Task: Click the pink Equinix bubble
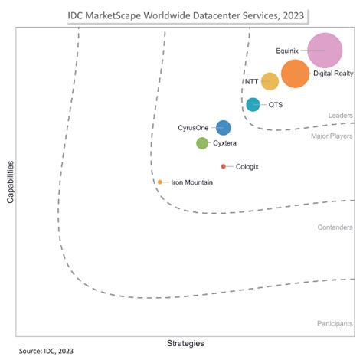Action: click(325, 51)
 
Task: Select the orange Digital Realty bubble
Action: click(296, 74)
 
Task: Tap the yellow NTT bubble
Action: click(270, 81)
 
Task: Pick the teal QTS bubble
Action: click(253, 105)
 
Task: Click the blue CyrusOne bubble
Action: click(223, 128)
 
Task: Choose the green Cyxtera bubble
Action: click(202, 142)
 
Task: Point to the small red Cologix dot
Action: click(223, 166)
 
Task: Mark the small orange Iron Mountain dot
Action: click(160, 182)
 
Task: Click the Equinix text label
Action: click(287, 51)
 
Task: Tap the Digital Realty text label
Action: click(332, 74)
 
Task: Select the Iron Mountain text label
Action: click(191, 182)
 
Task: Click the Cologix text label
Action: click(247, 166)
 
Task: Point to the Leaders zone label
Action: click(340, 116)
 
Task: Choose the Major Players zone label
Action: click(332, 136)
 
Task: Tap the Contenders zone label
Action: click(335, 227)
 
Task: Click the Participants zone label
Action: click(335, 324)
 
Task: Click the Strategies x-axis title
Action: click(185, 342)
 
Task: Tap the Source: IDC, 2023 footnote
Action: click(47, 352)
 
